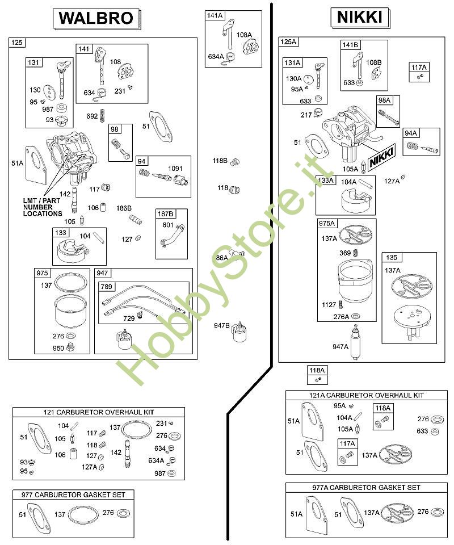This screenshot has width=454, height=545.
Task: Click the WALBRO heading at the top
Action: [x=96, y=18]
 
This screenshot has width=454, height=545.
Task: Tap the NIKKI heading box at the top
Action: [x=359, y=18]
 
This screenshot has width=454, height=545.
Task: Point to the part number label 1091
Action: [x=175, y=169]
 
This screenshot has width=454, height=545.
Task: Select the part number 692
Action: [x=92, y=116]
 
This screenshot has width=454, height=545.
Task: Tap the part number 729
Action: [x=129, y=318]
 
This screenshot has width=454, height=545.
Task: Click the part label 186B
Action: [x=124, y=208]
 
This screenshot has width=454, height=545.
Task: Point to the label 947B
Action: [x=222, y=326]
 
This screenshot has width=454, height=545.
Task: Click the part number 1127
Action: [x=329, y=305]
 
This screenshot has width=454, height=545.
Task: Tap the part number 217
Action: [x=306, y=115]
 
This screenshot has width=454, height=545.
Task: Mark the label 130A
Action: [x=294, y=79]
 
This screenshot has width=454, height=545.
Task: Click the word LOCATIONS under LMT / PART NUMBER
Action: [x=43, y=213]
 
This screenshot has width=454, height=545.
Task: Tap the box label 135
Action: [x=391, y=257]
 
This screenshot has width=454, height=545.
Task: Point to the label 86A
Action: [x=222, y=258]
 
